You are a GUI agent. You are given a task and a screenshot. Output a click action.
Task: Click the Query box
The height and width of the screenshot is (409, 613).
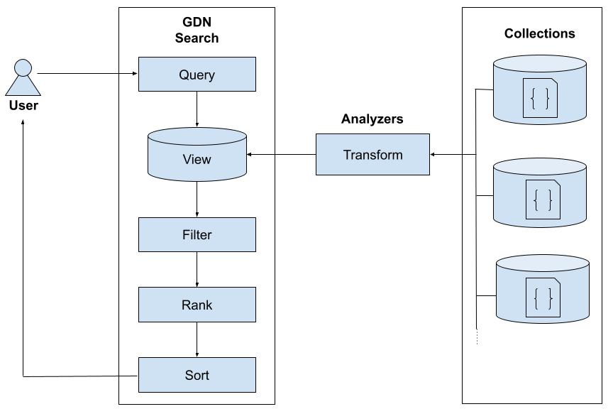point(197,75)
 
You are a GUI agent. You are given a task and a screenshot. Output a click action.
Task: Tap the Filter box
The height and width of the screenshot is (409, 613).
point(197,234)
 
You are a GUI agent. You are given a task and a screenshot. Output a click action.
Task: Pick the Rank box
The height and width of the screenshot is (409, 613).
point(197,305)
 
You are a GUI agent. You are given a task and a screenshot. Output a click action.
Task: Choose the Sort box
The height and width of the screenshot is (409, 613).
point(197,374)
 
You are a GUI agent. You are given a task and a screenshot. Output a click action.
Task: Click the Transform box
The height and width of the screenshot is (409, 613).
point(372,155)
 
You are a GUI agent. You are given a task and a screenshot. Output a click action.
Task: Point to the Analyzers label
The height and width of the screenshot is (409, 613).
point(372,119)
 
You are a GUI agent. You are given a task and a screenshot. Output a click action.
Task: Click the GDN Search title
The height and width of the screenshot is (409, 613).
point(197,31)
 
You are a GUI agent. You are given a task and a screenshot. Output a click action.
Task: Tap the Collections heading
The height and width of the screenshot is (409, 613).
point(539,33)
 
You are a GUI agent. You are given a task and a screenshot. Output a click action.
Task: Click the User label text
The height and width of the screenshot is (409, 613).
point(23,106)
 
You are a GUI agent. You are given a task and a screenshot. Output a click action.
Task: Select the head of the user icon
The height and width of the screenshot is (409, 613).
point(23,69)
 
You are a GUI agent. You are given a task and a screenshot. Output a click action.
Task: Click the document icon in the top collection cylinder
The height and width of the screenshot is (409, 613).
point(540,97)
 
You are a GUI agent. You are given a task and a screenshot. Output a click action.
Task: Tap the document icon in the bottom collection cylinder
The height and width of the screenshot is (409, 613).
point(542,297)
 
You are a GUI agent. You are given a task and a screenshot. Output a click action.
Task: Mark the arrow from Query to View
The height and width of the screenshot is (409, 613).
point(197,109)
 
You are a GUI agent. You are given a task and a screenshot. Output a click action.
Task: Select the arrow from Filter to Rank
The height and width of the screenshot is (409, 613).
point(197,269)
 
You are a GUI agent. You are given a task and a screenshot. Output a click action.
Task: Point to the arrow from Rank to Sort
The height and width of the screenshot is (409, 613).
point(197,339)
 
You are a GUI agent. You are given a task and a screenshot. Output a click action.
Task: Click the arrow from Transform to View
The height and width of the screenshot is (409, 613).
point(281,155)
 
